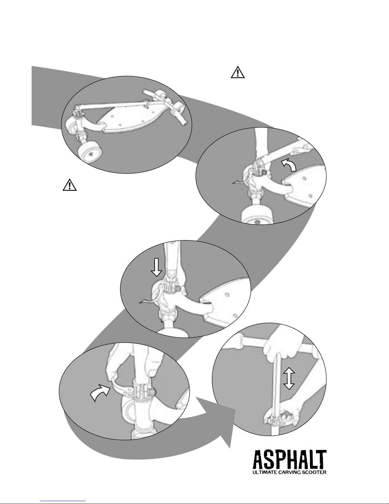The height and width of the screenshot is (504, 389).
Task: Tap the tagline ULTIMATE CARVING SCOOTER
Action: click(x=289, y=472)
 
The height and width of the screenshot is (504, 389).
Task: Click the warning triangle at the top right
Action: click(x=238, y=73)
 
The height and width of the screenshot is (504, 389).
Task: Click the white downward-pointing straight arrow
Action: click(x=156, y=267)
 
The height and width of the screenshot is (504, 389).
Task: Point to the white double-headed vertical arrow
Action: click(x=289, y=379)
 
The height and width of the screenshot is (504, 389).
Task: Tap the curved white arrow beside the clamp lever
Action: click(x=100, y=392)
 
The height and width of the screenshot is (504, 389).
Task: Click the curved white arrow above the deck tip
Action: click(x=289, y=165)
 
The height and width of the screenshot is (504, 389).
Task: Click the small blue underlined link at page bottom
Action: click(x=63, y=501)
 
